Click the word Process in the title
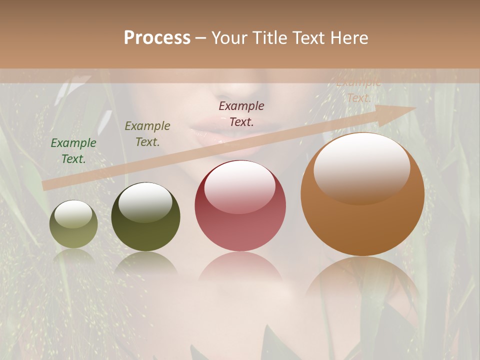[157, 38]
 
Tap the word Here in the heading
[347, 38]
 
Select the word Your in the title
[228, 38]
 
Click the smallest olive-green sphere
[73, 224]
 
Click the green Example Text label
[73, 151]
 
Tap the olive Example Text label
[147, 134]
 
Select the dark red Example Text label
[241, 114]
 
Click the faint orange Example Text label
[359, 90]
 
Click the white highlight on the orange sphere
[361, 165]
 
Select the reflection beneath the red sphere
[240, 267]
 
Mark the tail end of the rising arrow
[46, 186]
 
